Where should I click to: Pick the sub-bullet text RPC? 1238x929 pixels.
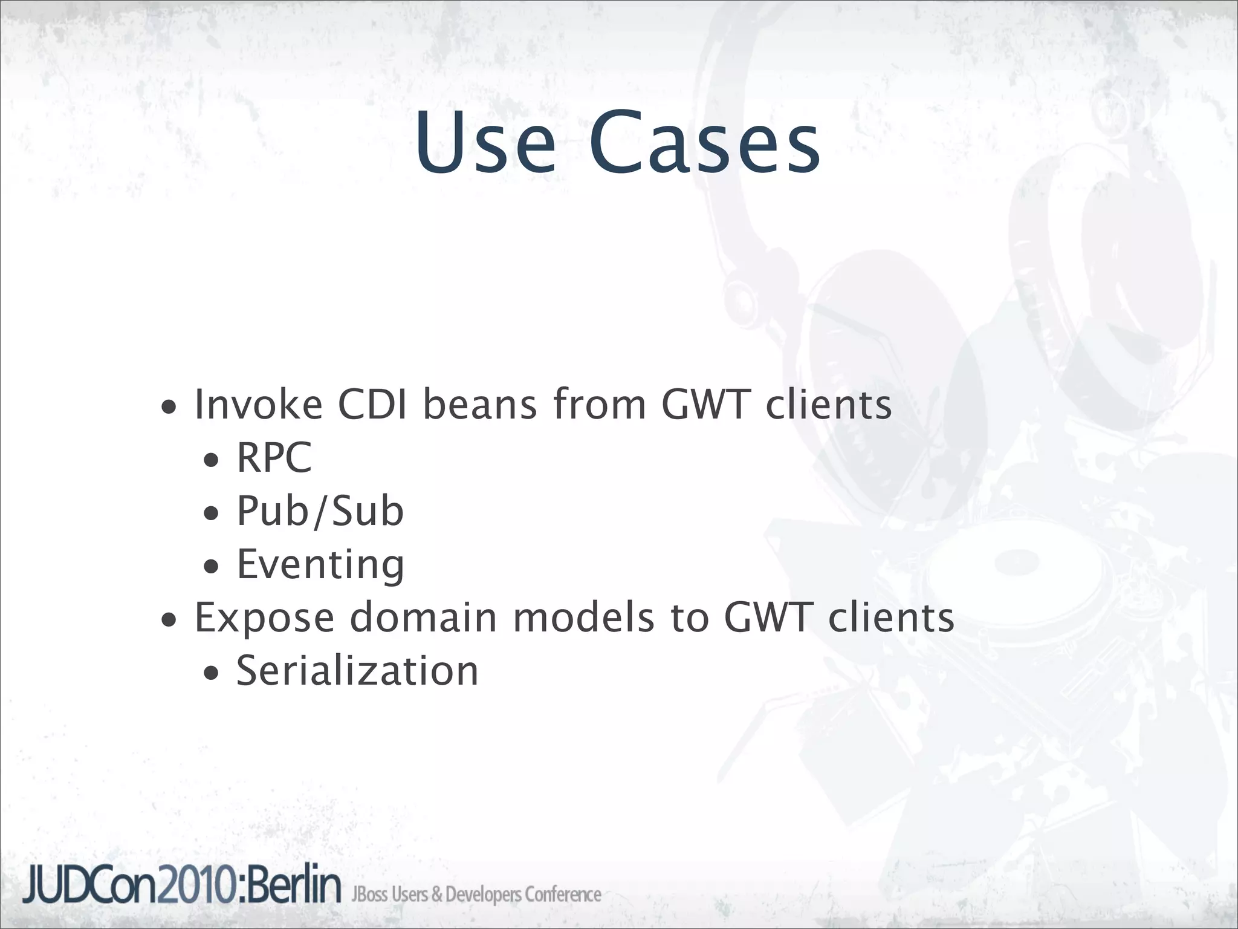click(x=274, y=457)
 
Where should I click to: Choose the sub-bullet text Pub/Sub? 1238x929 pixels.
click(x=320, y=510)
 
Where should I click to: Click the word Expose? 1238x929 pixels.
click(x=264, y=618)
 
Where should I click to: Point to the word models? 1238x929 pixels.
click(x=584, y=618)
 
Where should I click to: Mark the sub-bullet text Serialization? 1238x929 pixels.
click(x=357, y=671)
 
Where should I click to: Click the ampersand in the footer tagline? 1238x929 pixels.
click(x=436, y=895)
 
